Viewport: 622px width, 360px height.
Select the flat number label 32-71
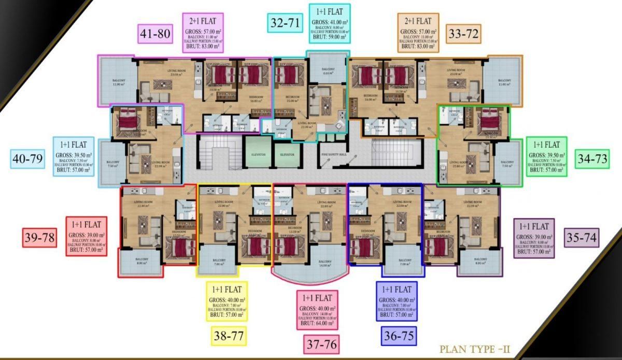tap(286, 23)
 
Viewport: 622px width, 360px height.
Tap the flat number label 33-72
tap(464, 35)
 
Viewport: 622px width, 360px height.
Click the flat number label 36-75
tap(400, 336)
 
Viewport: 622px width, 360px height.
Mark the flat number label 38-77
tap(228, 336)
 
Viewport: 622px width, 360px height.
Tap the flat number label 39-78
tap(39, 237)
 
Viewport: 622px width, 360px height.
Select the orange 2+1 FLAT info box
tap(419, 33)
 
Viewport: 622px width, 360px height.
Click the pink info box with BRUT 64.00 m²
tap(317, 310)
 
